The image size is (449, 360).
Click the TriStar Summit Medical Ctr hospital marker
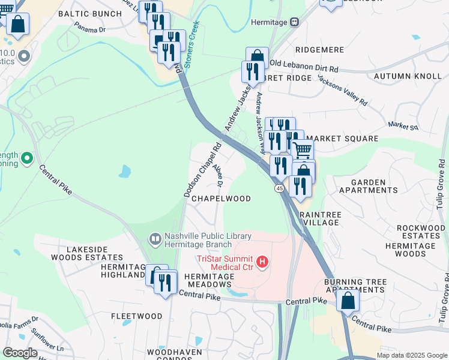coord(262,262)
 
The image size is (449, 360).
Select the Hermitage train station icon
coord(294,22)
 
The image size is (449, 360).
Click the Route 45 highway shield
coord(280,188)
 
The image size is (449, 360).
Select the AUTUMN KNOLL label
coord(407,76)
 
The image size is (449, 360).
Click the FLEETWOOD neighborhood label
coord(137,316)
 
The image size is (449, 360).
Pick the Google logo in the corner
coord(20,353)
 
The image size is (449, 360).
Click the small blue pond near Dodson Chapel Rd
coord(125,172)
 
